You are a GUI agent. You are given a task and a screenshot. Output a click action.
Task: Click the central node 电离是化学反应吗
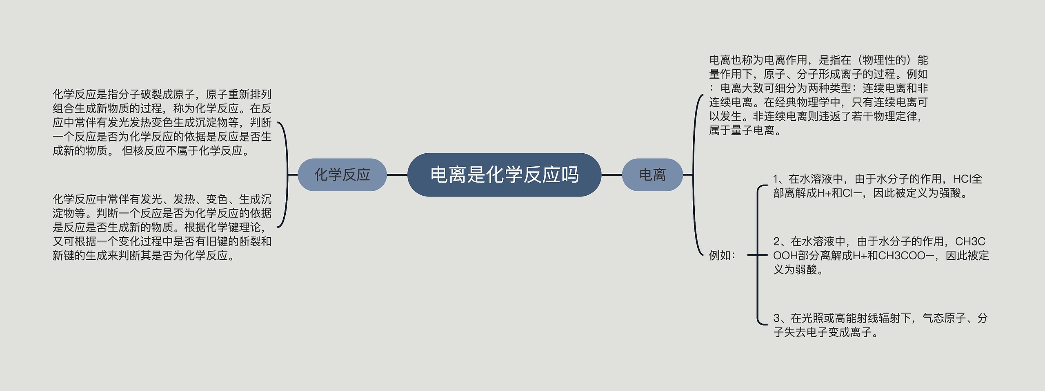[504, 175]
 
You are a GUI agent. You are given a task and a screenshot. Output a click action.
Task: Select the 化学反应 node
[342, 175]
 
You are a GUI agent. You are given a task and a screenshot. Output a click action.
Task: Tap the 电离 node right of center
[652, 175]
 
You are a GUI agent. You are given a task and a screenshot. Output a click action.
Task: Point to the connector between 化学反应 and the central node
[397, 175]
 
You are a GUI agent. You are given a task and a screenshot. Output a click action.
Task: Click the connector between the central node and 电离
[611, 175]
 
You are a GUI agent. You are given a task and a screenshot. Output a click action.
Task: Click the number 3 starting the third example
[776, 318]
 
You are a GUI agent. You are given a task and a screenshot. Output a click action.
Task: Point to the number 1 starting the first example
[776, 179]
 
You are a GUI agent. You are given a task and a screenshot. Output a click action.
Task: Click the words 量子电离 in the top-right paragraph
[753, 130]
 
